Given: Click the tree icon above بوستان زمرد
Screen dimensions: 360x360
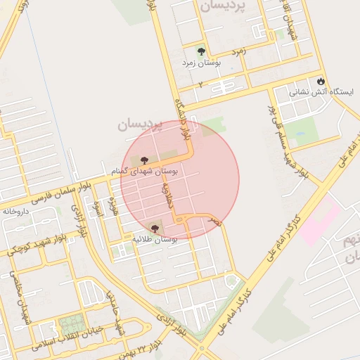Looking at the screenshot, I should click(x=202, y=51).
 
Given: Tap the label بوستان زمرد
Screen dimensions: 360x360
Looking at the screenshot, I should click(x=202, y=63).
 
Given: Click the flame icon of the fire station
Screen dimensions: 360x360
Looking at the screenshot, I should click(x=321, y=82).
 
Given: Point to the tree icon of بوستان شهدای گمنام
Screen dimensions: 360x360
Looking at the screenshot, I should click(x=144, y=160).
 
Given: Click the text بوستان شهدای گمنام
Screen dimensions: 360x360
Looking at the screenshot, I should click(x=144, y=171).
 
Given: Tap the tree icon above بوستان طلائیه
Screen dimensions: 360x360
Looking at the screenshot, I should click(x=154, y=228).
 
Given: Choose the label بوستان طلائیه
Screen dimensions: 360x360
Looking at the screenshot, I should click(x=155, y=239).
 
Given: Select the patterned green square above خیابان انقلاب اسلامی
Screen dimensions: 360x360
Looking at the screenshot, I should click(x=71, y=325).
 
